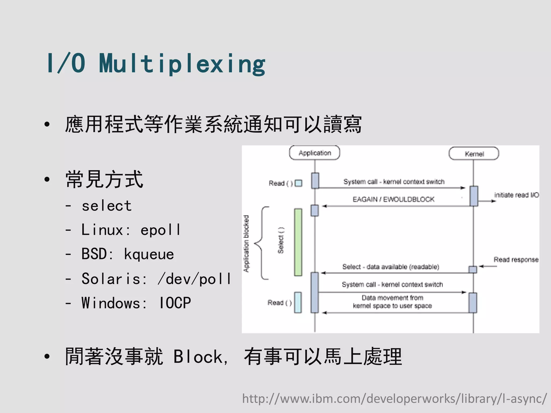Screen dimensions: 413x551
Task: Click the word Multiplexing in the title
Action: pyautogui.click(x=182, y=64)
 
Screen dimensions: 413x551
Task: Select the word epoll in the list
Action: pyautogui.click(x=160, y=230)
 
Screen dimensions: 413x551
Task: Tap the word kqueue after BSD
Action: pyautogui.click(x=149, y=254)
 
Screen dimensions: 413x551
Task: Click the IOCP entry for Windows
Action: pyautogui.click(x=175, y=303)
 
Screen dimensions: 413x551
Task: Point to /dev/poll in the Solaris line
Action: pyautogui.click(x=194, y=279)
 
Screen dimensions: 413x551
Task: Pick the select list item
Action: pyautogui.click(x=107, y=206)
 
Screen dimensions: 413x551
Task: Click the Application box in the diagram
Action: pyautogui.click(x=315, y=153)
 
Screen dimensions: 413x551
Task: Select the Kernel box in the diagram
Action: pyautogui.click(x=474, y=154)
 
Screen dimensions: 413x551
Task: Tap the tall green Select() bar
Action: pyautogui.click(x=298, y=242)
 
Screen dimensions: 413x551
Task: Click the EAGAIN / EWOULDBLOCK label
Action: pyautogui.click(x=393, y=200)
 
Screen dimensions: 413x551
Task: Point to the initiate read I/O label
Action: pyautogui.click(x=516, y=195)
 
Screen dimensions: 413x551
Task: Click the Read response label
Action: pyautogui.click(x=516, y=260)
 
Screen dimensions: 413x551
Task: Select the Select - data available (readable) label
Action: pyautogui.click(x=391, y=267)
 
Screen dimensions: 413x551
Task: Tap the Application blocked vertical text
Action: pyautogui.click(x=246, y=244)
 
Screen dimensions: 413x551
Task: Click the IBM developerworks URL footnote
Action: pyautogui.click(x=394, y=398)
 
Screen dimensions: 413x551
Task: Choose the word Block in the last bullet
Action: pyautogui.click(x=198, y=357)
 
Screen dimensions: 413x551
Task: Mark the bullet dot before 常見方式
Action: pyautogui.click(x=47, y=179)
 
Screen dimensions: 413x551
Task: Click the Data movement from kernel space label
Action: pyautogui.click(x=392, y=302)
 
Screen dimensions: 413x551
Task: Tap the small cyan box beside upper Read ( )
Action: pyautogui.click(x=298, y=183)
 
